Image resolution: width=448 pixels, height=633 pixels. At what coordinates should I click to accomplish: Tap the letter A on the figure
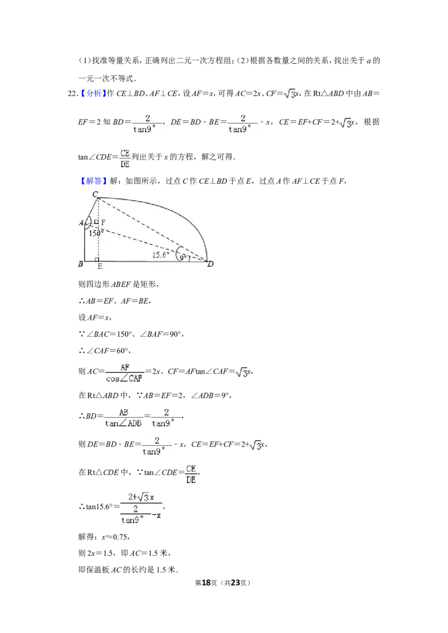[81, 223]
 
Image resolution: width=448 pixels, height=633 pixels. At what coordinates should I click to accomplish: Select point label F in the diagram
[103, 222]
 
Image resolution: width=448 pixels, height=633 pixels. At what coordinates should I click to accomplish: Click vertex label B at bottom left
[81, 264]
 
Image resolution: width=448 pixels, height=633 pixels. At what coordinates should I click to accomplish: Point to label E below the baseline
[100, 267]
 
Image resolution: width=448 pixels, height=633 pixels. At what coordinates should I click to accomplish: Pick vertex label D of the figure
[211, 264]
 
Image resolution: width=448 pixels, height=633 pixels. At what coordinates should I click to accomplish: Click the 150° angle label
[96, 233]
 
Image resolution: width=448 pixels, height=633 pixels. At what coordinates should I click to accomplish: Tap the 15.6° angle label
[161, 254]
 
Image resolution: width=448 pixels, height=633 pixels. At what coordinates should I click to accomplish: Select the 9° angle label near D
[184, 258]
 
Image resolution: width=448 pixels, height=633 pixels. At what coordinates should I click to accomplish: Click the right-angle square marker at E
[97, 259]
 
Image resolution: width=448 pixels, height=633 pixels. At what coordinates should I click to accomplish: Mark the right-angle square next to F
[96, 222]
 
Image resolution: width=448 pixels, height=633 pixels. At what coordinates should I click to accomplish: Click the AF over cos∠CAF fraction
[125, 374]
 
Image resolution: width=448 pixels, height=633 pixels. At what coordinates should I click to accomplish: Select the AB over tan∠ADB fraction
[124, 418]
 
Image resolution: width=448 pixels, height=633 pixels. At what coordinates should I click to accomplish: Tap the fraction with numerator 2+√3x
[141, 509]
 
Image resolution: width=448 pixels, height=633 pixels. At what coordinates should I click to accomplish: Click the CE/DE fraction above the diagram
[125, 159]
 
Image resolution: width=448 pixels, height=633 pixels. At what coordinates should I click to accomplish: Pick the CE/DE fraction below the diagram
[192, 474]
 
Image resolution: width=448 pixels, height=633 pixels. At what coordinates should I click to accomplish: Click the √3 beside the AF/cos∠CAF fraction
[241, 373]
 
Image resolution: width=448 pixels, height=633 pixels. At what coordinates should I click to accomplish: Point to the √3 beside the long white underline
[289, 93]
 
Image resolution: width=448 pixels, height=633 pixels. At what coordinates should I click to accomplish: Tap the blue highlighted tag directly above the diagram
[94, 181]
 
